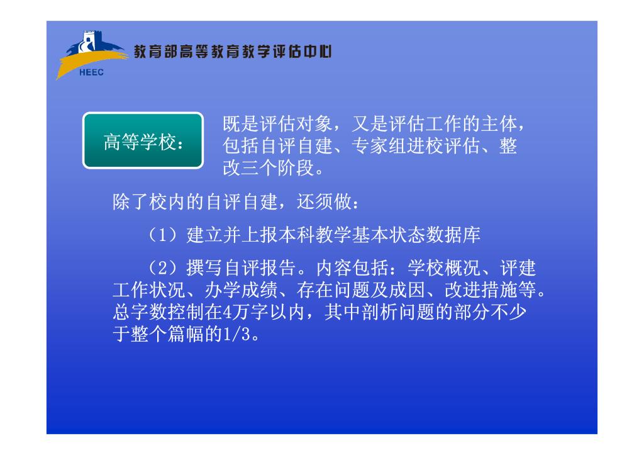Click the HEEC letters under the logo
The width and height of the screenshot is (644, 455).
(91, 72)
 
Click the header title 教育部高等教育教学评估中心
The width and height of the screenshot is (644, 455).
(233, 52)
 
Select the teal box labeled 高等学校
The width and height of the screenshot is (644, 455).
(143, 140)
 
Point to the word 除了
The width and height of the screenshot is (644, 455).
(131, 202)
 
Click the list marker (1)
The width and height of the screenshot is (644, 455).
(163, 235)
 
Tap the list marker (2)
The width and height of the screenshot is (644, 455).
(163, 268)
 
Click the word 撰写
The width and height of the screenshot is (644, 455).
(204, 268)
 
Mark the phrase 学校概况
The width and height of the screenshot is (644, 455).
(443, 268)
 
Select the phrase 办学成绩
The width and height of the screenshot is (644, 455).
(241, 290)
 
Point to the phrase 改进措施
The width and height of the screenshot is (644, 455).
(480, 290)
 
